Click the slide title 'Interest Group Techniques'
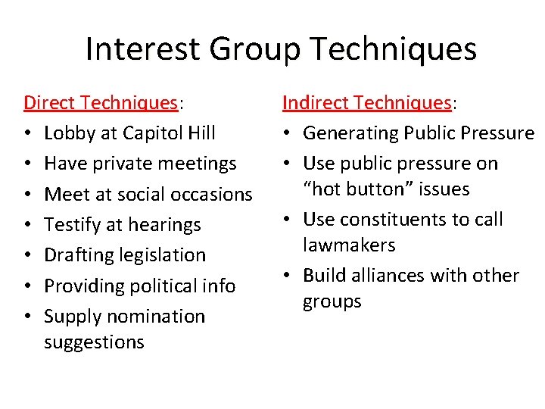click(281, 49)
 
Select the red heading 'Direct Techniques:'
click(105, 102)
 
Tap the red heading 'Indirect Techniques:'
click(368, 102)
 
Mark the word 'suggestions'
click(94, 342)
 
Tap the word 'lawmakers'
click(349, 245)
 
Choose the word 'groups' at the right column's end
click(332, 301)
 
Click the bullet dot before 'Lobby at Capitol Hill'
click(27, 134)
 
